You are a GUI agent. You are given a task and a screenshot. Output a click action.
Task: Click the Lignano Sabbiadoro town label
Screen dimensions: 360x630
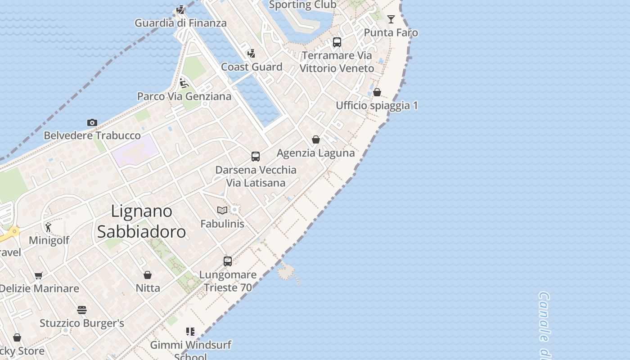pyautogui.click(x=141, y=221)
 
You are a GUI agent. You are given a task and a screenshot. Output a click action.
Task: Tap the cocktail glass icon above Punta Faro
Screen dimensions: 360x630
pyautogui.click(x=391, y=19)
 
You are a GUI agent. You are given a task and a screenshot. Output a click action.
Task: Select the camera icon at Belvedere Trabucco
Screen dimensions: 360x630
pyautogui.click(x=92, y=122)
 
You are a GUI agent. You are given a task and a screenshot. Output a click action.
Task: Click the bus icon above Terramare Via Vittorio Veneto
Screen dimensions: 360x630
pyautogui.click(x=337, y=42)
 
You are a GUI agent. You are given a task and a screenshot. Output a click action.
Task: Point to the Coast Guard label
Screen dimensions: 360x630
pyautogui.click(x=252, y=67)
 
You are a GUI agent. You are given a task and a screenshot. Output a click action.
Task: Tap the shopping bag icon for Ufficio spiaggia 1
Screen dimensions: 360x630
pyautogui.click(x=377, y=92)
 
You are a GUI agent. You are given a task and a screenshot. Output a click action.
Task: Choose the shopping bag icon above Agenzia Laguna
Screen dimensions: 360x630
pyautogui.click(x=316, y=139)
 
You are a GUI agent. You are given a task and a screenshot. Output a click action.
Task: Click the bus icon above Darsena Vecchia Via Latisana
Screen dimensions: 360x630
pyautogui.click(x=256, y=157)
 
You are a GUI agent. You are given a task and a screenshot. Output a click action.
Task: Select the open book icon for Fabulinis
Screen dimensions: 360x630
pyautogui.click(x=222, y=210)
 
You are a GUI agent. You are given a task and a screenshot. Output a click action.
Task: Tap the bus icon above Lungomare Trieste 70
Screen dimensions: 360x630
pyautogui.click(x=228, y=261)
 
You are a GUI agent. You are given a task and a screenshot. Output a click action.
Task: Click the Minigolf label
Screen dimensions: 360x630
pyautogui.click(x=49, y=240)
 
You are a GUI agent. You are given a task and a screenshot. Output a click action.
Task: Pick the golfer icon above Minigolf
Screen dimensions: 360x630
pyautogui.click(x=49, y=227)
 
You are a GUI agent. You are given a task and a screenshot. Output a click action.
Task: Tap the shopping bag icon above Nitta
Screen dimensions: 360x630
pyautogui.click(x=148, y=274)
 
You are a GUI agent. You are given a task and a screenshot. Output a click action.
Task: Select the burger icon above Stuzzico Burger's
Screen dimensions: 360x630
pyautogui.click(x=81, y=310)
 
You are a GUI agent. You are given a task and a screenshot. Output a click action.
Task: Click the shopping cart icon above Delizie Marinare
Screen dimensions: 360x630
pyautogui.click(x=39, y=275)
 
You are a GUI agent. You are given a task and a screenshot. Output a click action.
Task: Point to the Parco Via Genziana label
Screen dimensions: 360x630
pyautogui.click(x=184, y=96)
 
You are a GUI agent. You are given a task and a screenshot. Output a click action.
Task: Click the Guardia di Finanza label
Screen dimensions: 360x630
pyautogui.click(x=180, y=23)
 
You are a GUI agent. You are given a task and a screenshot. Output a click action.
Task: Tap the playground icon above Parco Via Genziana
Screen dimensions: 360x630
pyautogui.click(x=184, y=83)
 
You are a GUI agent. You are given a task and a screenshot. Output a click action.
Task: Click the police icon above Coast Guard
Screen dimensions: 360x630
pyautogui.click(x=251, y=54)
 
